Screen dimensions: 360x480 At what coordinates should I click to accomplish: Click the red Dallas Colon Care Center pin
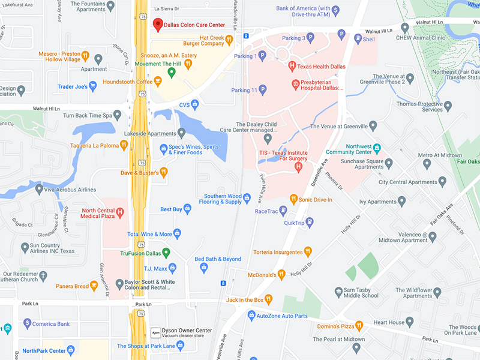click(x=158, y=25)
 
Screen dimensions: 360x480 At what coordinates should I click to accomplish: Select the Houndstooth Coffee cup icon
click(x=158, y=82)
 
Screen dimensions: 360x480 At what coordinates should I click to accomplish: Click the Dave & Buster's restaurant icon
click(x=164, y=173)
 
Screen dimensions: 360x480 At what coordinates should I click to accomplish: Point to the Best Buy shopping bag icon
click(x=187, y=209)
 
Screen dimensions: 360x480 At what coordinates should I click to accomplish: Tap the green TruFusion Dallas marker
click(x=167, y=252)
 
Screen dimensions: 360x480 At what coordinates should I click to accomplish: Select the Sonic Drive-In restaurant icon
click(x=293, y=199)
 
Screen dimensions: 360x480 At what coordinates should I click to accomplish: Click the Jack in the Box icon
click(x=269, y=299)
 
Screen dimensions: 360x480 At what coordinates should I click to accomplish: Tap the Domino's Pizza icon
click(x=359, y=326)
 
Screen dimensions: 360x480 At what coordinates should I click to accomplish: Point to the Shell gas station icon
click(x=358, y=39)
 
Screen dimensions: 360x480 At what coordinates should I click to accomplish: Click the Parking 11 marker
click(x=262, y=89)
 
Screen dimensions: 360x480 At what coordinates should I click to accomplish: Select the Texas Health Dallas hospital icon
click(x=292, y=65)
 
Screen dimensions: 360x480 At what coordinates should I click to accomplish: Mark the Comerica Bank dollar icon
click(x=26, y=324)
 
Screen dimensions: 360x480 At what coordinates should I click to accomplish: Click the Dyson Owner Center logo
click(x=155, y=330)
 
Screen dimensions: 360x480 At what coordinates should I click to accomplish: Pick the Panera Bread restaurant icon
click(x=94, y=286)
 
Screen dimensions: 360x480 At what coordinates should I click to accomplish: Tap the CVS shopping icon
click(x=195, y=104)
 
